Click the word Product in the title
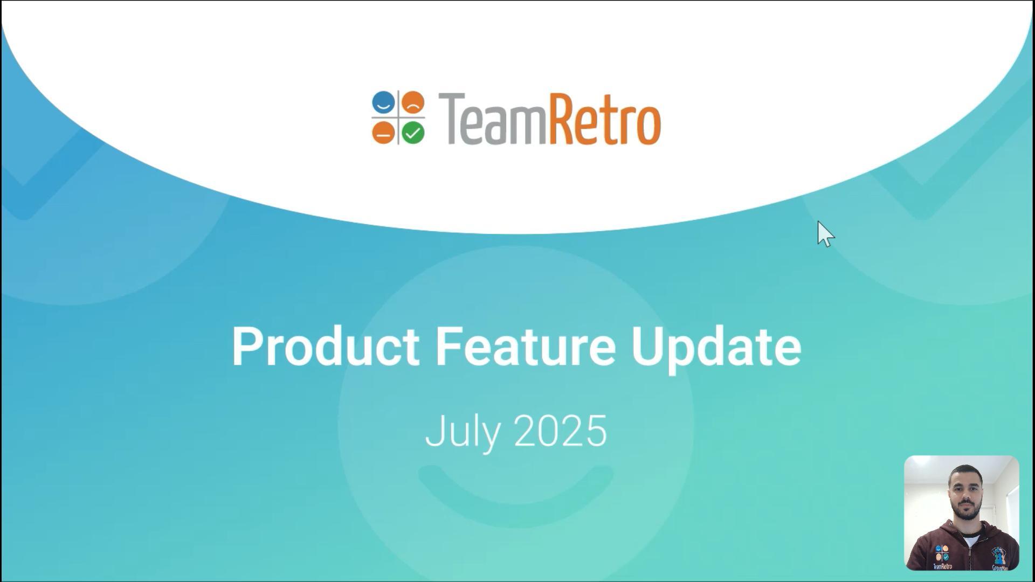coord(326,346)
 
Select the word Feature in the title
coord(526,346)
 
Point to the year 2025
coord(561,431)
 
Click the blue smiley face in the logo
coord(383,102)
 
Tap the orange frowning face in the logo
coord(413,102)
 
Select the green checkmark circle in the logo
coord(413,133)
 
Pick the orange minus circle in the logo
coord(383,133)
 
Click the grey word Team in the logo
coord(493,119)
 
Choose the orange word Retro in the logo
coord(605,119)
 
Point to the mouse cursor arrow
coord(825,234)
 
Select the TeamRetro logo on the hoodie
coord(942,557)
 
